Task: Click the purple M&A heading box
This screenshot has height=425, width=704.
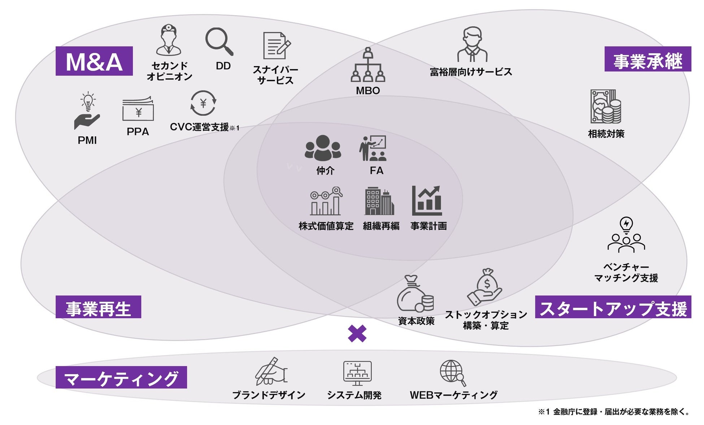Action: [x=94, y=61]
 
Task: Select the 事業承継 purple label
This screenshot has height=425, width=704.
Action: [x=648, y=59]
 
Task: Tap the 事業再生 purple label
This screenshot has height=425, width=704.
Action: [x=98, y=307]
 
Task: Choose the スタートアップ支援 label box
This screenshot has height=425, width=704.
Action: [x=613, y=307]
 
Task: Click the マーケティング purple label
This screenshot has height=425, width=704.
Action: [x=121, y=377]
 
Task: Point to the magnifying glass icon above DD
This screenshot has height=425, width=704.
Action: [x=219, y=42]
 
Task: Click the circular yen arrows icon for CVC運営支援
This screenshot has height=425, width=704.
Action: [x=203, y=104]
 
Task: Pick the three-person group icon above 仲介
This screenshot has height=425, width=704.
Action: [x=323, y=148]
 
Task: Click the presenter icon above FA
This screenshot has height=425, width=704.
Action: [x=373, y=148]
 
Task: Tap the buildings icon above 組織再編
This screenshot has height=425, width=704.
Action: [x=379, y=201]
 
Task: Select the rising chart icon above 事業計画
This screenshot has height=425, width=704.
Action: [x=427, y=201]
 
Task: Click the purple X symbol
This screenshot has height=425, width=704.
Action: [x=357, y=334]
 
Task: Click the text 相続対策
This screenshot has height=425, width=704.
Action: [x=606, y=134]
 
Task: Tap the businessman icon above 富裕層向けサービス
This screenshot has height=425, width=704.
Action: [x=472, y=44]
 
